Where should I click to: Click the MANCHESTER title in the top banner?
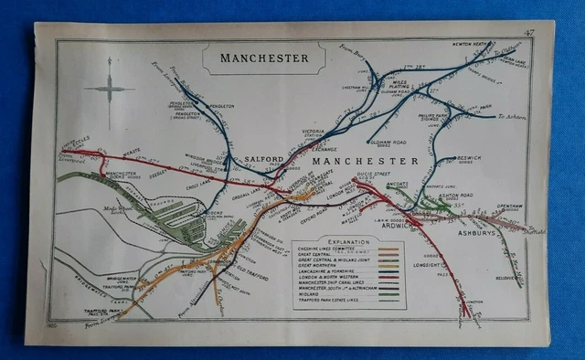264,58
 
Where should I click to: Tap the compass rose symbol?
108,90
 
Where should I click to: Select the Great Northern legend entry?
329,266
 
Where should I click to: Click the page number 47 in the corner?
528,34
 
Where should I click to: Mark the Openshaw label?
509,206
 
